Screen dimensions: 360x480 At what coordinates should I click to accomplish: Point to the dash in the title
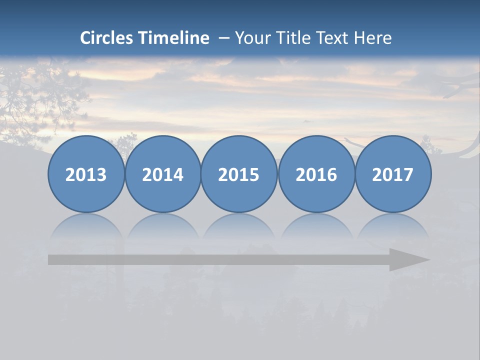click(223, 38)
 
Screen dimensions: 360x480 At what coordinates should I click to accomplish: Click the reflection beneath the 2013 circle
click(86, 227)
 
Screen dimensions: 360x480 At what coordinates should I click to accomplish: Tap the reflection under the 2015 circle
click(239, 227)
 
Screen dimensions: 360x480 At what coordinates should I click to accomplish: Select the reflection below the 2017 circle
click(393, 227)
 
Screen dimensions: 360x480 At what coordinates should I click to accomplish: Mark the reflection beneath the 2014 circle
click(162, 227)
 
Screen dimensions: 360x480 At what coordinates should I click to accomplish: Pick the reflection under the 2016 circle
click(316, 227)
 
